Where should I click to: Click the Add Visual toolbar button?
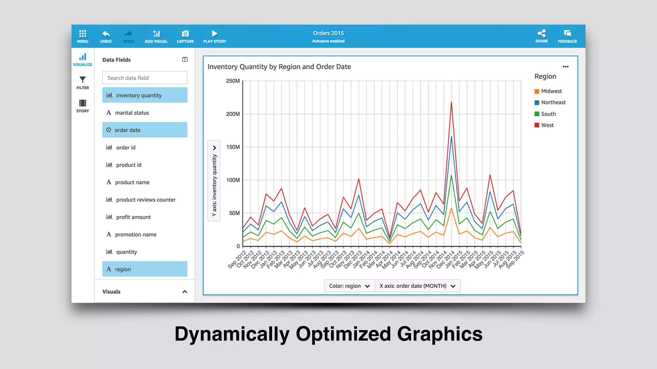(x=156, y=37)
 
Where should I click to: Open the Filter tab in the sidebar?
(x=82, y=82)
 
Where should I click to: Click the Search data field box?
(x=145, y=78)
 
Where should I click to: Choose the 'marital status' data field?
(x=132, y=113)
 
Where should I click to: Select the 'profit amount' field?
(x=133, y=217)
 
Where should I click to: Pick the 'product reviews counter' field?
(x=146, y=200)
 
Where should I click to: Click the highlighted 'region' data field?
(x=145, y=269)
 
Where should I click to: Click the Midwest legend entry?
(x=551, y=91)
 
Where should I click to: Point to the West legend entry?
(x=547, y=125)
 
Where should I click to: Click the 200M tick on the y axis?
(x=233, y=114)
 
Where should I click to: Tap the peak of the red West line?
(x=451, y=102)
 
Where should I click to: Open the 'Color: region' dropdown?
(x=349, y=286)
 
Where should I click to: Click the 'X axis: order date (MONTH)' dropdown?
(x=417, y=286)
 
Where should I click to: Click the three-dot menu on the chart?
(x=566, y=67)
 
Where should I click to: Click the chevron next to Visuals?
(x=185, y=292)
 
